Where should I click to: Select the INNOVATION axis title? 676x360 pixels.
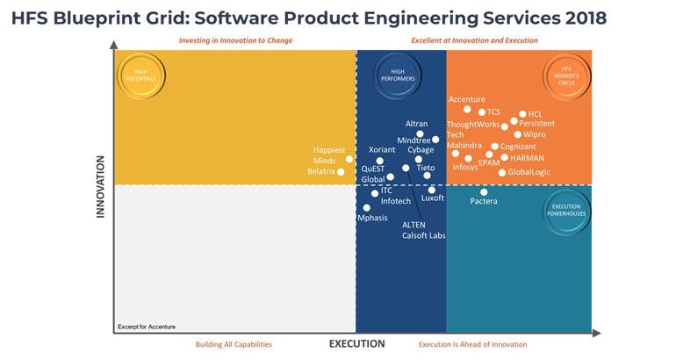100,186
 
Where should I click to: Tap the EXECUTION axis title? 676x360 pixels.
356,343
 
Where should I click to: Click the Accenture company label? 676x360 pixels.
466,99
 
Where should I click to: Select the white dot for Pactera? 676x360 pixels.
484,191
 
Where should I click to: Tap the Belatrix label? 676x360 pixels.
320,172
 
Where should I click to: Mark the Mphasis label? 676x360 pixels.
372,218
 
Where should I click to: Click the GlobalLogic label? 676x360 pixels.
529,172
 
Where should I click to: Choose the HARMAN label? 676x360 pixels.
528,158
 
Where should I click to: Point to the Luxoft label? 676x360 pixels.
433,198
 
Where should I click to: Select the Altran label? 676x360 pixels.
417,124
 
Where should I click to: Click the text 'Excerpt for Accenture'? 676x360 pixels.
146,327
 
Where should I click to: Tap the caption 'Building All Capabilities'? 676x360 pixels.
233,344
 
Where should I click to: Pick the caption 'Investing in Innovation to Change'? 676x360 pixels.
235,40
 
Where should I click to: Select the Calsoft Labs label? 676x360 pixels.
423,235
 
